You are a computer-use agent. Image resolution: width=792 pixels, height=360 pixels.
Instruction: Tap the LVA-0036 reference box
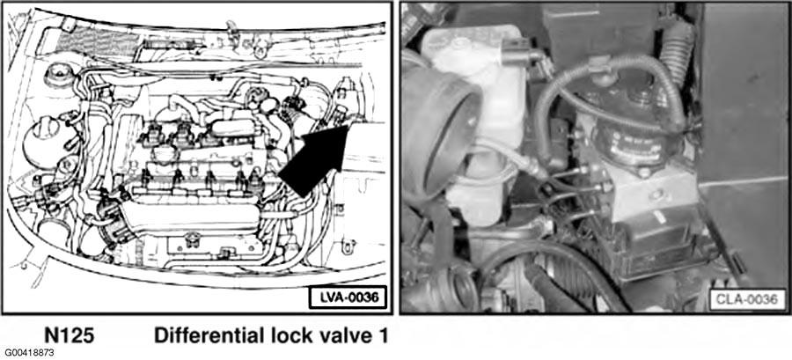click(348, 298)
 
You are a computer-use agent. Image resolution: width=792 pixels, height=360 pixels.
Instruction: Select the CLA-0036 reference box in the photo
click(747, 299)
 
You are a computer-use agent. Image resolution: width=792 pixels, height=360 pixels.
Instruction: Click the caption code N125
click(70, 336)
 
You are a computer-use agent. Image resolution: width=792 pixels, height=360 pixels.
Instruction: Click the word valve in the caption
click(338, 335)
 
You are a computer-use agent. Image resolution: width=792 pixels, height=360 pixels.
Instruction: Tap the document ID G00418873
click(30, 352)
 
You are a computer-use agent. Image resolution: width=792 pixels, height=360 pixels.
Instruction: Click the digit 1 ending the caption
click(382, 336)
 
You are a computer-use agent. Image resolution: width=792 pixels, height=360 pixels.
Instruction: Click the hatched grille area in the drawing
click(96, 40)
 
